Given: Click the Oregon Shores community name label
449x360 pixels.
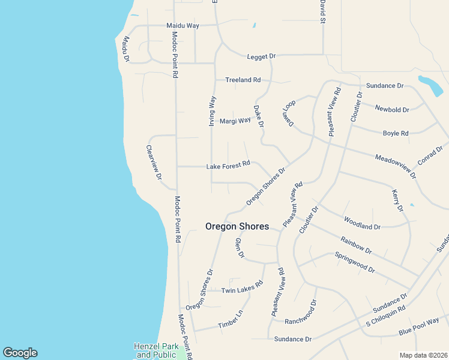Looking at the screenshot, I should (x=237, y=227).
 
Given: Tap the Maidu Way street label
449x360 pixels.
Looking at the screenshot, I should (x=182, y=26).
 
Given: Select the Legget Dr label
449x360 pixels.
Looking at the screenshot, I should (x=261, y=56).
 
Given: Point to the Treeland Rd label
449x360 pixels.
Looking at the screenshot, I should (x=243, y=80).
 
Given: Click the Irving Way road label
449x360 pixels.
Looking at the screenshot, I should (x=212, y=111).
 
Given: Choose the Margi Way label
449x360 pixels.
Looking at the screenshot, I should (x=235, y=121).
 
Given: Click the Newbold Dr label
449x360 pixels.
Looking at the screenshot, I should (x=392, y=110).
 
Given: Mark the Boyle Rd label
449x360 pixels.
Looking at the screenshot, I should (x=396, y=133).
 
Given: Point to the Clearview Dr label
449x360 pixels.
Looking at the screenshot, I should (x=154, y=162).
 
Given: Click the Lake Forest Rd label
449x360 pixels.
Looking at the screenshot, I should (x=228, y=166).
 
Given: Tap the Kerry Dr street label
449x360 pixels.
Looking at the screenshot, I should (x=397, y=201).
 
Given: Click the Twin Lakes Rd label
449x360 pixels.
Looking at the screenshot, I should (x=243, y=287).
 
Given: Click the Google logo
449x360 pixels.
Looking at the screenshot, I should (x=20, y=353).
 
